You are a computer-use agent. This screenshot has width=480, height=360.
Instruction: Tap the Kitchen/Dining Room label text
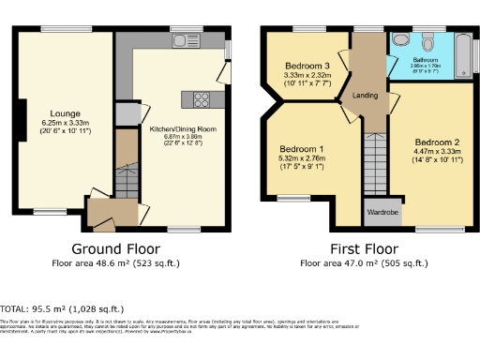(171, 128)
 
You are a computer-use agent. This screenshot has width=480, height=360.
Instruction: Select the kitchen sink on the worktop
(182, 40)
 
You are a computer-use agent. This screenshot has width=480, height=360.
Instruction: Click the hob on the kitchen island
(201, 97)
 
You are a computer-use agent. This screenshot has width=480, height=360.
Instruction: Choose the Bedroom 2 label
(438, 145)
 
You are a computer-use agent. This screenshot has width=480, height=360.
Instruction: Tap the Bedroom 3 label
(307, 66)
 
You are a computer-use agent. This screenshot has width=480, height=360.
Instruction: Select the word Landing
(365, 96)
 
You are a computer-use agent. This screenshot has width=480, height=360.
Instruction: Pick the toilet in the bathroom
(427, 41)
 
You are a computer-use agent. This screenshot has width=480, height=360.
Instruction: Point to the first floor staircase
(374, 164)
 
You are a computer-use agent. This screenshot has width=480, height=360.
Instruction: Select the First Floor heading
(366, 249)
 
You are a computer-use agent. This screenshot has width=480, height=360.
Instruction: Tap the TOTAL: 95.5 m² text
(62, 307)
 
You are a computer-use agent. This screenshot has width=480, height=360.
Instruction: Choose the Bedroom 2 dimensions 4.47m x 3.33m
(438, 154)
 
